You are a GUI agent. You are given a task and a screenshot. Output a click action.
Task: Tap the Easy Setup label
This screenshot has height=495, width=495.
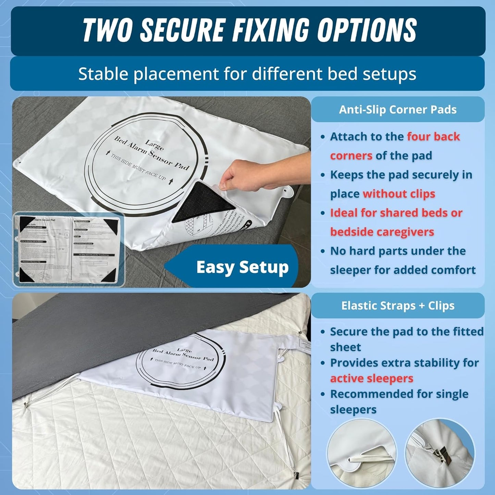pos(242,267)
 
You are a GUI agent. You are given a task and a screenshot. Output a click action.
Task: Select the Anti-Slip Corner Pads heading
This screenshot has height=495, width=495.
pos(398,110)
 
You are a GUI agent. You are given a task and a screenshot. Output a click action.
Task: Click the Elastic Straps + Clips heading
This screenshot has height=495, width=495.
pos(398,306)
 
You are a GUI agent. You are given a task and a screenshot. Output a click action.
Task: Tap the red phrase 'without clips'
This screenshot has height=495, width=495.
pos(399,194)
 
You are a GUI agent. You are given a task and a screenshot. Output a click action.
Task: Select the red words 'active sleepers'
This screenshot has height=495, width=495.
pos(372,379)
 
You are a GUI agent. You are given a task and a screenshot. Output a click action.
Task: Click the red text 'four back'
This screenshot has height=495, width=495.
pos(433,137)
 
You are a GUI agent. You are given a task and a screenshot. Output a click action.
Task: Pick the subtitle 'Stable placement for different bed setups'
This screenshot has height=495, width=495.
pos(247,74)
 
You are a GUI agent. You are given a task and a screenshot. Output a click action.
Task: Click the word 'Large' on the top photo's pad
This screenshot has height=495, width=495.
pos(154,145)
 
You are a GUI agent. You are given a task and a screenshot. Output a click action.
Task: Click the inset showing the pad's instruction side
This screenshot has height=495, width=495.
pos(69,249)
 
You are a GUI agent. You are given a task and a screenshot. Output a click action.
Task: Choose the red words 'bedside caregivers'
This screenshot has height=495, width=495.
pos(382,232)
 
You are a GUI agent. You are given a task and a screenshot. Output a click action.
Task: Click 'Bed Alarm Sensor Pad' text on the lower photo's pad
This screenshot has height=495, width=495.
pos(183,355)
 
